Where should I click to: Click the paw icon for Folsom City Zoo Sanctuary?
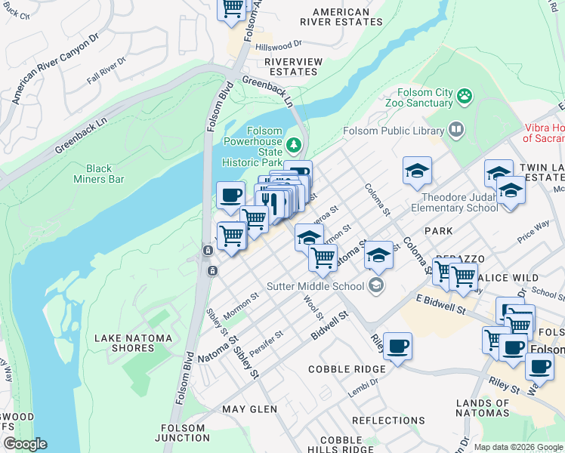point(465,97)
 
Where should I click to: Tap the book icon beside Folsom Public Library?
point(456,130)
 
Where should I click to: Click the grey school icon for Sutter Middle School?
point(375,285)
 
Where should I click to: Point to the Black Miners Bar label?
point(104,174)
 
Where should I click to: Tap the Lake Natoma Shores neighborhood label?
point(132,343)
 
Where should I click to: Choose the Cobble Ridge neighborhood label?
point(347,369)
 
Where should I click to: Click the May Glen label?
point(249,409)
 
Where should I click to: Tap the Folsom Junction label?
point(184,433)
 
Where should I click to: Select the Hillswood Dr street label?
point(278,46)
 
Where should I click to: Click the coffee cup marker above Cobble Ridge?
point(397,347)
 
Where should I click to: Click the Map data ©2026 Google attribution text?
point(517,447)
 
